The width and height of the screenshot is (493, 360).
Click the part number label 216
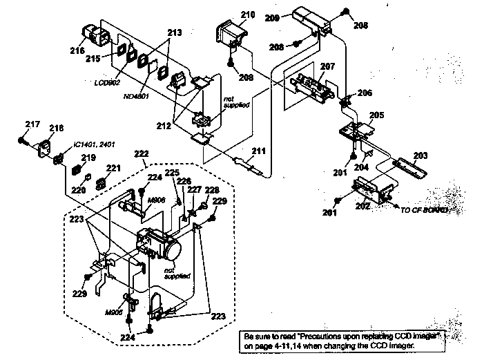77,50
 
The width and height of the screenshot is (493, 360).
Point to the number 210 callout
247,15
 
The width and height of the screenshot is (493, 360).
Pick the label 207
327,67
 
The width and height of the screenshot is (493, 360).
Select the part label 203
420,155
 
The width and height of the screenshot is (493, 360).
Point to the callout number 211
258,150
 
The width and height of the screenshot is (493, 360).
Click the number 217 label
32,124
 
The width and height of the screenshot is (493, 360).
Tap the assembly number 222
142,153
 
